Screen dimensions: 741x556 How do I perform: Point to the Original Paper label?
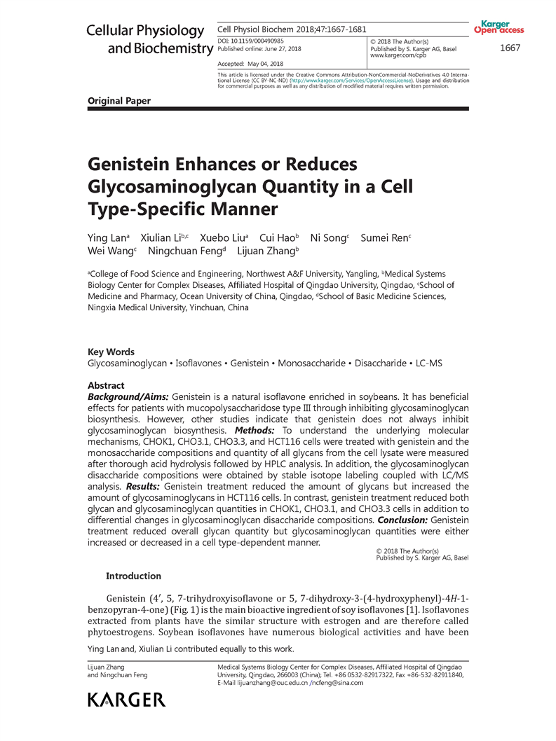[118, 101]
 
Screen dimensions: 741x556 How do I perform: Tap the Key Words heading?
[111, 352]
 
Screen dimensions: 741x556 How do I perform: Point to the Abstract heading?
[106, 385]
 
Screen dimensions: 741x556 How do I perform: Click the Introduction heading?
[133, 576]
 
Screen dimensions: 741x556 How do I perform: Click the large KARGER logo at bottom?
[126, 699]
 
